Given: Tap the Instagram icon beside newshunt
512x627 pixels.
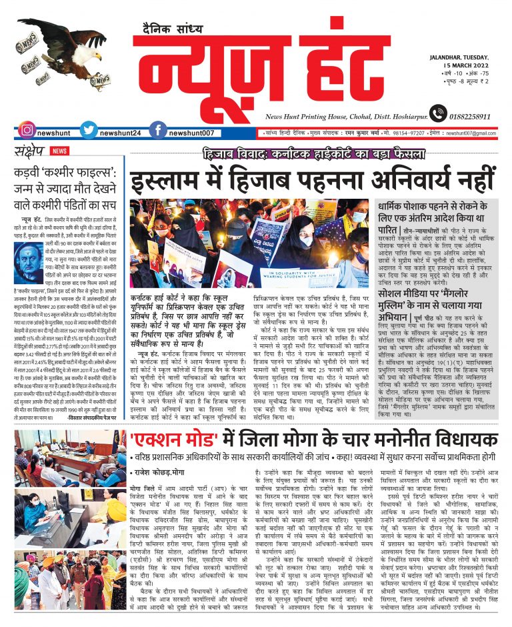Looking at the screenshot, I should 27,131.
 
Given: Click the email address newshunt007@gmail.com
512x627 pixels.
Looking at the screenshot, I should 471,133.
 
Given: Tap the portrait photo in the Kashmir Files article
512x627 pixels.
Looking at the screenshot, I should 27,260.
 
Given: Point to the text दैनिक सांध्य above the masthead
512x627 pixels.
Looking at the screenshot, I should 172,29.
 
